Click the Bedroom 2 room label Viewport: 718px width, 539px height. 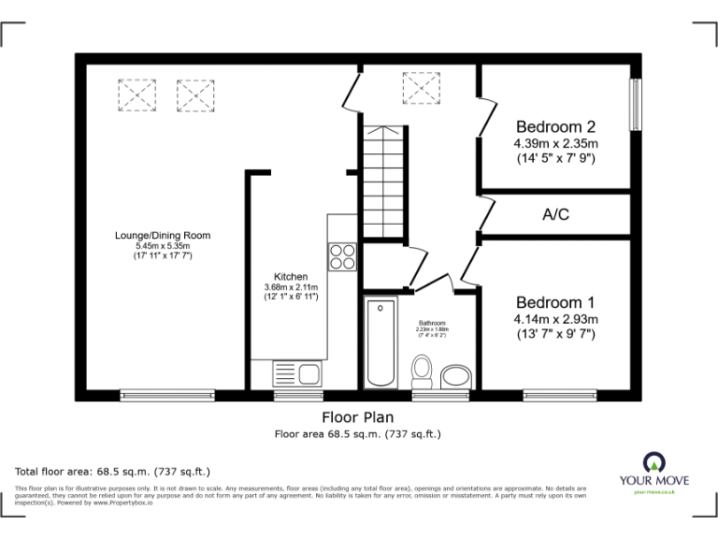555,126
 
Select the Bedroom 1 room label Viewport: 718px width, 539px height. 555,303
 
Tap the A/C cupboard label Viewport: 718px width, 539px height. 555,214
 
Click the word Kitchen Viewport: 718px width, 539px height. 291,277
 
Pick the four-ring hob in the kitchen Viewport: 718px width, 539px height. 342,256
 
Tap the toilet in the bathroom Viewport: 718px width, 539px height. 422,372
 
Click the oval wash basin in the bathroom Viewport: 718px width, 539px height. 457,377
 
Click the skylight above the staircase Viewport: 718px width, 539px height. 421,89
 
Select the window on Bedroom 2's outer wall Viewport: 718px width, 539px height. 636,104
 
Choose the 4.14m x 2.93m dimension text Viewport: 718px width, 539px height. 555,320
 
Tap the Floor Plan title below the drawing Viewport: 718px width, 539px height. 357,417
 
